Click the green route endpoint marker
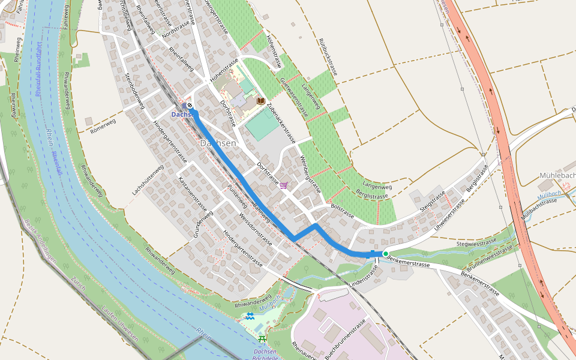click(x=385, y=254)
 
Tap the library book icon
click(x=260, y=101)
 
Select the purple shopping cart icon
click(x=283, y=185)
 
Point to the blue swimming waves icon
click(x=250, y=316)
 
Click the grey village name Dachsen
click(x=218, y=144)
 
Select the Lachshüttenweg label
click(x=148, y=180)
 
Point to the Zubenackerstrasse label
click(x=281, y=122)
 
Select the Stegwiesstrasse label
click(x=476, y=242)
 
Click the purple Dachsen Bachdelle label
click(x=265, y=355)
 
